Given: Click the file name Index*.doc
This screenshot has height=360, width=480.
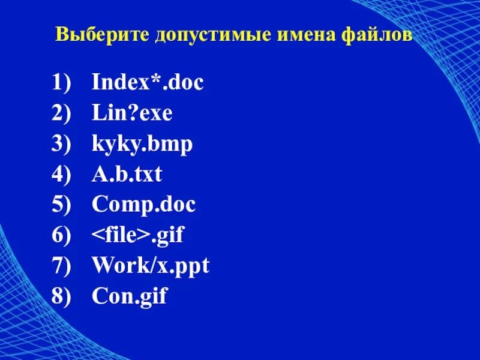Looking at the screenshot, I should (x=148, y=82).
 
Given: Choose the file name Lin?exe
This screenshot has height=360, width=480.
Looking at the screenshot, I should (x=132, y=113).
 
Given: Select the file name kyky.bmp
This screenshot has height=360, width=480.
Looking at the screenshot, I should (x=142, y=144).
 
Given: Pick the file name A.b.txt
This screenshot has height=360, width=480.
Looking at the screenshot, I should (x=127, y=175).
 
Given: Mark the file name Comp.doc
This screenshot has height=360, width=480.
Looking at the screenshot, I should (x=144, y=205).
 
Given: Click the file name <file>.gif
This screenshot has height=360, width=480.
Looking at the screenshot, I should (x=137, y=235).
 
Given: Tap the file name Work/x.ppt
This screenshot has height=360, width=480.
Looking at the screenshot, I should (x=151, y=266).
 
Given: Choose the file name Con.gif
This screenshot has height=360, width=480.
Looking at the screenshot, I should (x=129, y=296).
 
